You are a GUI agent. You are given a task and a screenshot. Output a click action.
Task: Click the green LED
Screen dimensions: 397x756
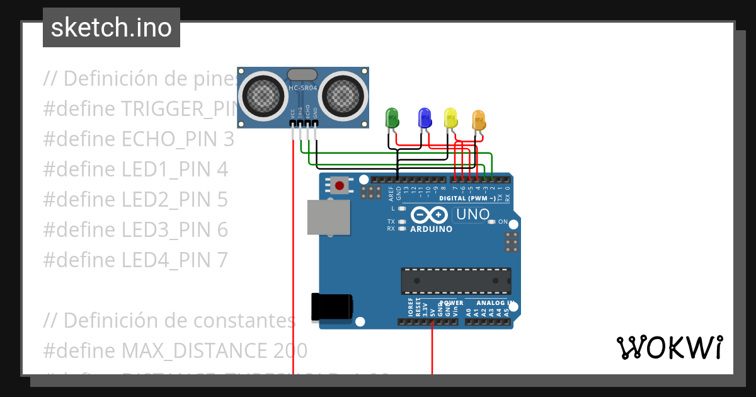tap(392, 118)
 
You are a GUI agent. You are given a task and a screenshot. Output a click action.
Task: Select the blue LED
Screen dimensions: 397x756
tap(425, 118)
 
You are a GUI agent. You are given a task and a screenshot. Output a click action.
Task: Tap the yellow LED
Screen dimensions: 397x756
tap(450, 118)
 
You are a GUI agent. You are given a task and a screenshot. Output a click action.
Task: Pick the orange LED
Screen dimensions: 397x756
tap(478, 120)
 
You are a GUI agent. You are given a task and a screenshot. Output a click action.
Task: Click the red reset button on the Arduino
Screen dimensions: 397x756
tap(340, 185)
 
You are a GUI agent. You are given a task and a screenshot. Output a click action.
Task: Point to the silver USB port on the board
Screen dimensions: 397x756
tap(328, 217)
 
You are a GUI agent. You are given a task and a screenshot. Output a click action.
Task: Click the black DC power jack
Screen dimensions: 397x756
tap(331, 308)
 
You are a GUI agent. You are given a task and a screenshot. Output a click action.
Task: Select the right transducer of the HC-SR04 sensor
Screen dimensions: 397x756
tap(344, 95)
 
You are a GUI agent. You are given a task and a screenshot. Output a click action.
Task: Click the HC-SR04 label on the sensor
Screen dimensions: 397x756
tap(302, 88)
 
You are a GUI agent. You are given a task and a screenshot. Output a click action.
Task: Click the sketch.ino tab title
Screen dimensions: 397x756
tap(112, 28)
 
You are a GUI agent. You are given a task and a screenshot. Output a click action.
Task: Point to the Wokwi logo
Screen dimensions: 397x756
tap(669, 347)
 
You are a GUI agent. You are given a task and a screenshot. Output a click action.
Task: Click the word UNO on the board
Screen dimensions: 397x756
tap(472, 214)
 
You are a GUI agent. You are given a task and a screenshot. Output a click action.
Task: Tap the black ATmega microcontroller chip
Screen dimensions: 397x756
tap(456, 281)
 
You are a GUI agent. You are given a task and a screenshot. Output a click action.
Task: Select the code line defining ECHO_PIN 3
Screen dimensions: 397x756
tap(139, 139)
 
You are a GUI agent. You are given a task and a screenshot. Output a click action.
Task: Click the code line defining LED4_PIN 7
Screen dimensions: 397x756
tap(135, 260)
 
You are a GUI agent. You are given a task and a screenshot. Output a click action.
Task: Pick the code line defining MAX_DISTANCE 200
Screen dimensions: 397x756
tap(175, 350)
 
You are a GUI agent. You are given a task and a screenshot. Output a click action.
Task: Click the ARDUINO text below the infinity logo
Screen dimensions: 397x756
tap(431, 229)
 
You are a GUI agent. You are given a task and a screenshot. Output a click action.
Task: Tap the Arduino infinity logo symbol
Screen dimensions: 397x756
tap(430, 215)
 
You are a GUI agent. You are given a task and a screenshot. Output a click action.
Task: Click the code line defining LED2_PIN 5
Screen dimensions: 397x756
tap(135, 200)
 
